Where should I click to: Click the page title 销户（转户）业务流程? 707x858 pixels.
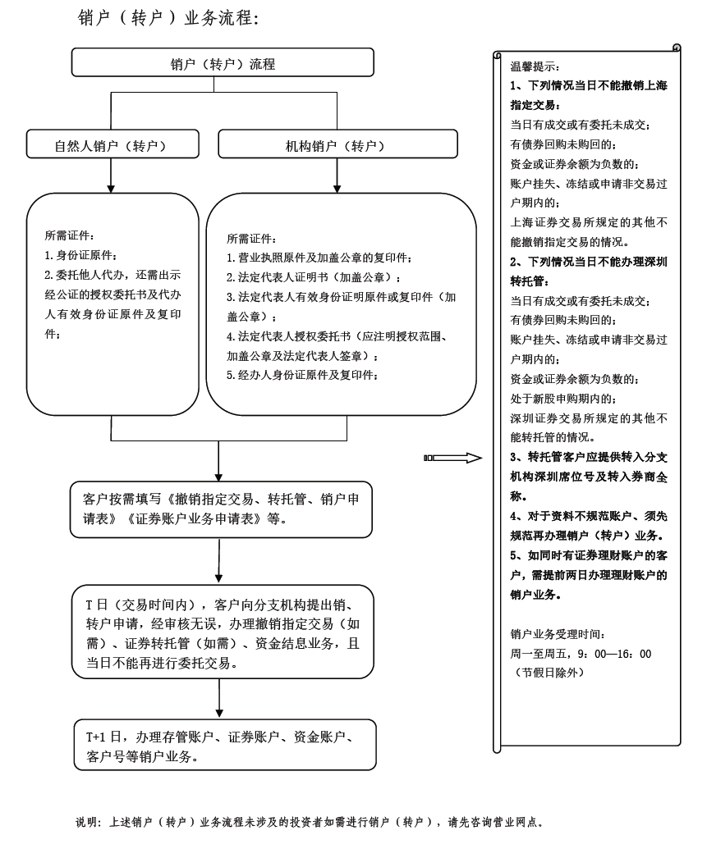click(168, 18)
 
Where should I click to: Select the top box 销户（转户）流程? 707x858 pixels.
click(223, 63)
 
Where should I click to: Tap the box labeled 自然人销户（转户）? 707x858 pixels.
click(112, 145)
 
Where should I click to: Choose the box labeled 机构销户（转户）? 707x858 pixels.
click(336, 145)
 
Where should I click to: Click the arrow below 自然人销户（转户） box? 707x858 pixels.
click(112, 175)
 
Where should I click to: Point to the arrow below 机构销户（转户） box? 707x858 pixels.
click(336, 175)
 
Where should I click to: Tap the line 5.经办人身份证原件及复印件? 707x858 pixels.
click(303, 376)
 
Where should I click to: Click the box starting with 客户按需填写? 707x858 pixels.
click(222, 509)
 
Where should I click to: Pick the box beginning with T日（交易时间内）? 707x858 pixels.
click(222, 632)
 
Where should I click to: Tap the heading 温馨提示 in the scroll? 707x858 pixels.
click(535, 66)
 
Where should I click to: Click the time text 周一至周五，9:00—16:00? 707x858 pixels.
click(581, 654)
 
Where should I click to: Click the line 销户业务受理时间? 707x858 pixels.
click(558, 634)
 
